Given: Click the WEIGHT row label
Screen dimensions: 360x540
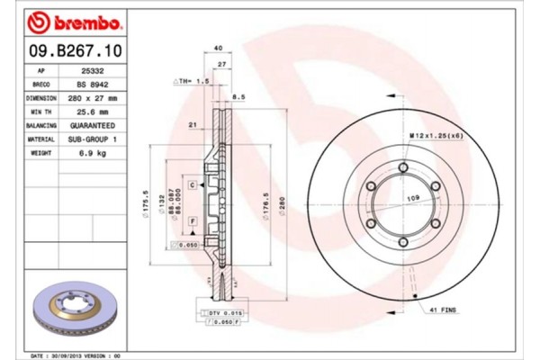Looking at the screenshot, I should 41,155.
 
